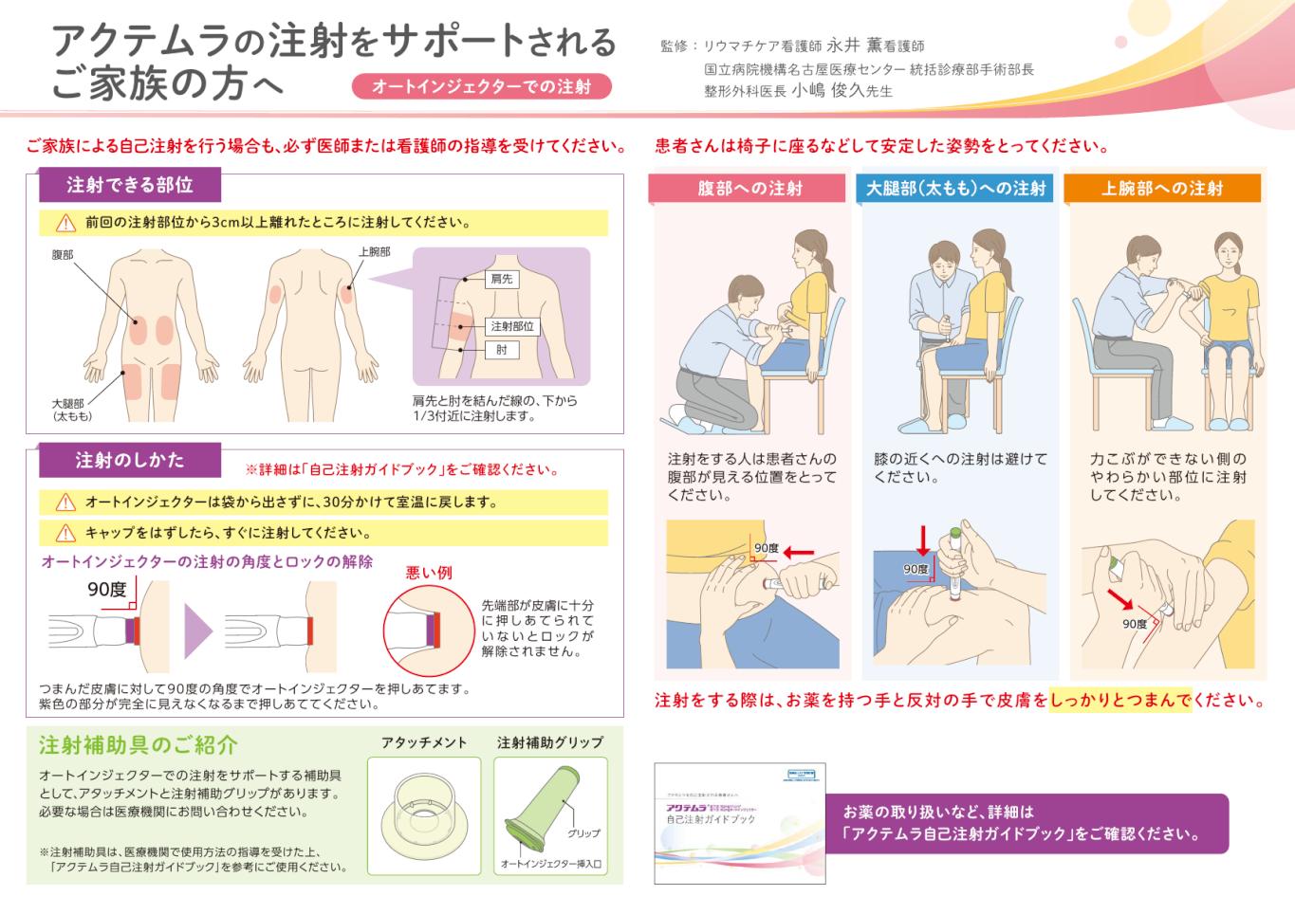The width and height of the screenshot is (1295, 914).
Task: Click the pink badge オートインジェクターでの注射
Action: pos(482,86)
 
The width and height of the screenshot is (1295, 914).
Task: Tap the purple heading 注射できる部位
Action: pos(129,185)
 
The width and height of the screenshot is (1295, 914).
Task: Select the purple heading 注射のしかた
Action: pos(129,460)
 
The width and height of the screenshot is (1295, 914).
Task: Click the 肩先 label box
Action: pos(501,279)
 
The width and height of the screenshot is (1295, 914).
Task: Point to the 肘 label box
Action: pos(501,350)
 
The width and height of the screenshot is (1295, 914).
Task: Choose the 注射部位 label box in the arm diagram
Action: pos(511,326)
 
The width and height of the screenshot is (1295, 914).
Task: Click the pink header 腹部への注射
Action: pos(749,188)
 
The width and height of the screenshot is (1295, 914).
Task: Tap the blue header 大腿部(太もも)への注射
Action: pos(956,188)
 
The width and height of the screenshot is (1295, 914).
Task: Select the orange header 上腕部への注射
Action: pos(1162,188)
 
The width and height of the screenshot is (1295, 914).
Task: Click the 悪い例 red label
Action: pos(429,573)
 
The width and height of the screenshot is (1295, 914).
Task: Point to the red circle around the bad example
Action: pos(422,630)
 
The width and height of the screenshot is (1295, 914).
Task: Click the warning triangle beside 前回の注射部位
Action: pos(65,223)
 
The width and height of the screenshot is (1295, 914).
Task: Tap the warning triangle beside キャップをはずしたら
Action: pos(65,532)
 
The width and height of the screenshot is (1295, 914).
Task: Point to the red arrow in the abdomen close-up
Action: pos(798,550)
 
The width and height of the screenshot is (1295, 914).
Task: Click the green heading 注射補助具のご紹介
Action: pos(138,745)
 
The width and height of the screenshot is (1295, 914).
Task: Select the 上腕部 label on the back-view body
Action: pos(374,252)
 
